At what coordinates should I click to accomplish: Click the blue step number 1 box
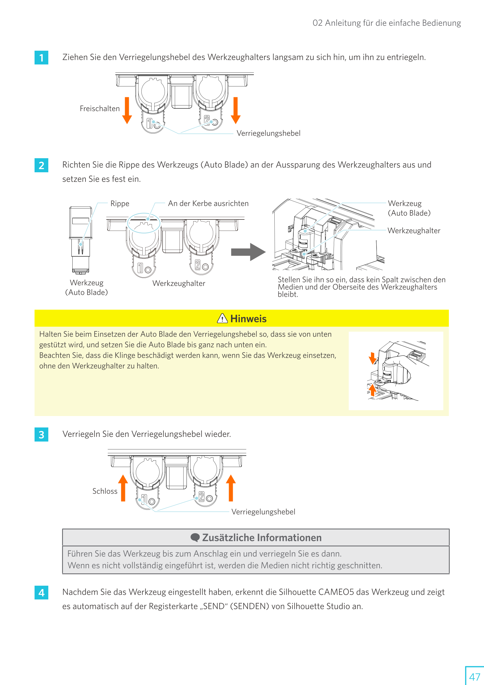point(42,58)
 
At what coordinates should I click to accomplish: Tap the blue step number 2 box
point(42,165)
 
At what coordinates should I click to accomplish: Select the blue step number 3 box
point(42,435)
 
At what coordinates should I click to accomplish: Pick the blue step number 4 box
point(42,592)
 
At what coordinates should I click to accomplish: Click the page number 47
point(474,677)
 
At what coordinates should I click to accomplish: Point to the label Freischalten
point(100,109)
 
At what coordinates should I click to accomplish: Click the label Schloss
point(105,491)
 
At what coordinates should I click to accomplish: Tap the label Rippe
point(120,203)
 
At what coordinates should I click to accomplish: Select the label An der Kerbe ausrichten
point(208,203)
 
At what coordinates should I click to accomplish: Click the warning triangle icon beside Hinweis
point(223,319)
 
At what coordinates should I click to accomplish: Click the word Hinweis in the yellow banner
point(248,319)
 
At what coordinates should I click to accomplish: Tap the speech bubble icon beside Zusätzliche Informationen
point(195,537)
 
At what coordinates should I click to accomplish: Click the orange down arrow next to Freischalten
point(127,110)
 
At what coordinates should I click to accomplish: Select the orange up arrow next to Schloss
point(123,488)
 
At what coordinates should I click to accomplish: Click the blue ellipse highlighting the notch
point(144,223)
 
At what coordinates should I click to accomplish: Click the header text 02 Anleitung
point(386,23)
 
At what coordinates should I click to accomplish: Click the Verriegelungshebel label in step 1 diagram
point(268,133)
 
